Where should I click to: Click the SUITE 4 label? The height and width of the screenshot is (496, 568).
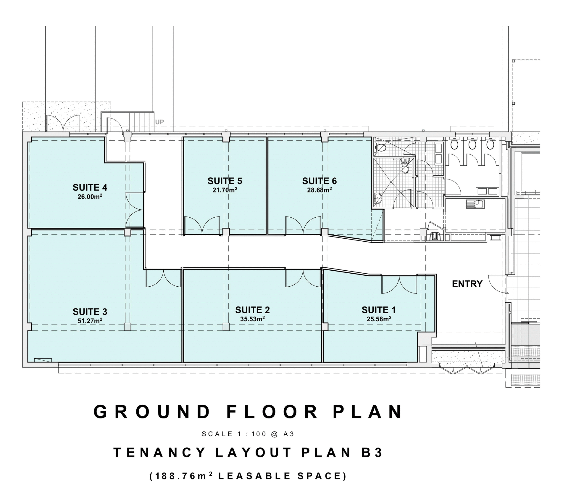tap(90, 187)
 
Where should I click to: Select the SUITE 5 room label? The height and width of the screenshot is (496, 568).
tap(225, 181)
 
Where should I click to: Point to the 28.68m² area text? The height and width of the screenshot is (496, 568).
tap(319, 190)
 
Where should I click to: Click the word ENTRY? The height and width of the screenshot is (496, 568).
tap(467, 284)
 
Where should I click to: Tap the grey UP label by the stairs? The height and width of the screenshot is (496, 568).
tap(159, 122)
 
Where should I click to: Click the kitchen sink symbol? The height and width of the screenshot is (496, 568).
tap(475, 204)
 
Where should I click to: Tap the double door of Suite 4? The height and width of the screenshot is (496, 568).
tap(135, 210)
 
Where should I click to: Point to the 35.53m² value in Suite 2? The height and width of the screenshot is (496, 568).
tap(252, 319)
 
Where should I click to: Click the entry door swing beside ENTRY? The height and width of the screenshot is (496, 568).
tap(498, 284)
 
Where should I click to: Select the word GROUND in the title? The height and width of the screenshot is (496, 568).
tap(152, 412)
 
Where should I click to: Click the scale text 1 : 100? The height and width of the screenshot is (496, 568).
tap(251, 434)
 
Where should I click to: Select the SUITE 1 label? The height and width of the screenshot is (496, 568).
tap(378, 310)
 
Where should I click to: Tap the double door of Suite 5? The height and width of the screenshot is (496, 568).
tap(202, 225)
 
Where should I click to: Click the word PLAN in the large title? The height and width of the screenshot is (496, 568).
tap(367, 412)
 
